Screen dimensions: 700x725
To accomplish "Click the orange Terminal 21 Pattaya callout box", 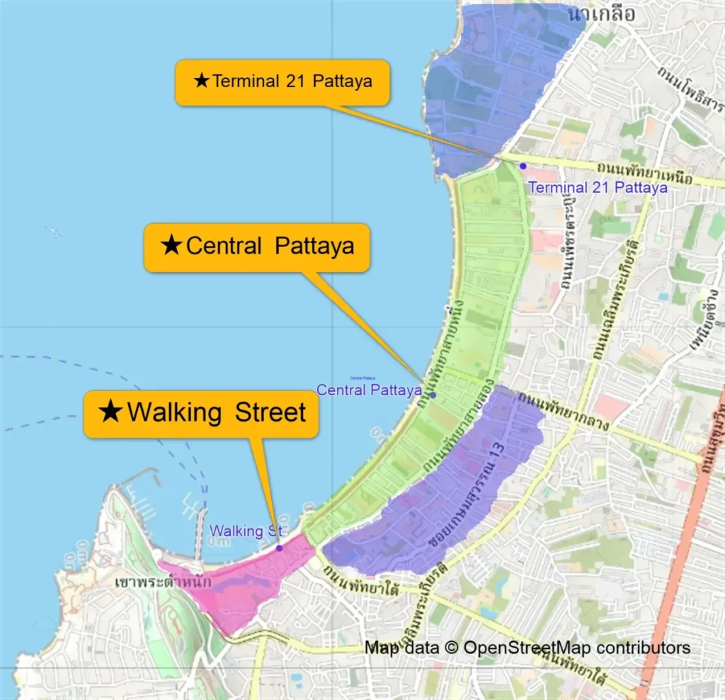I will [x=282, y=81].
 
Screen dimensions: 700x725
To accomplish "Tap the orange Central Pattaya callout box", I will [x=256, y=247].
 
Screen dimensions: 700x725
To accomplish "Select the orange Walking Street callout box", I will [x=200, y=413].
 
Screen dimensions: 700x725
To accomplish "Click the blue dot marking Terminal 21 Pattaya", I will [x=523, y=166].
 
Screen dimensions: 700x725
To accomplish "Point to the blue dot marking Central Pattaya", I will [x=433, y=395].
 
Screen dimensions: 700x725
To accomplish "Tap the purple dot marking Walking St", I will [x=279, y=548].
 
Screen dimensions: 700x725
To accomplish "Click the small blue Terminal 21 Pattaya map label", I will [x=598, y=188].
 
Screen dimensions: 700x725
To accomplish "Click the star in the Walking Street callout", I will [x=110, y=412].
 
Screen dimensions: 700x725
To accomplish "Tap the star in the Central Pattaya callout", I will [x=171, y=246].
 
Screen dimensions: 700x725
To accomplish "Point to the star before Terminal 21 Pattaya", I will [x=202, y=81].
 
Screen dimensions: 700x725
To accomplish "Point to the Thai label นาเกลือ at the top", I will [x=609, y=13].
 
